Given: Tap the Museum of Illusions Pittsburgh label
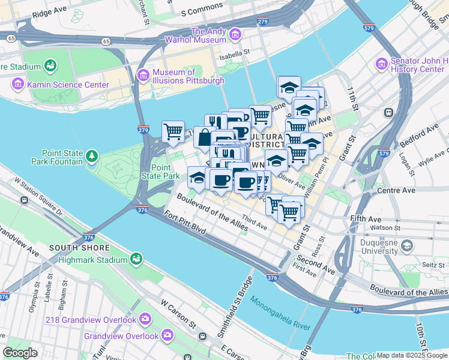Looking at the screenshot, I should coord(188,77).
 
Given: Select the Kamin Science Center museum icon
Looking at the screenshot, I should coord(17,85).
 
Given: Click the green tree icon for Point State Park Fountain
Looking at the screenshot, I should coord(91,157).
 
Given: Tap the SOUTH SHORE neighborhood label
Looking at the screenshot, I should coord(80,248).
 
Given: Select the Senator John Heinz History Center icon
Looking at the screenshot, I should coord(382,64).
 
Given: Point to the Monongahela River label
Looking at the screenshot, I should coord(280,314).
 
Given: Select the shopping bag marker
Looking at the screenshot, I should coord(204,137).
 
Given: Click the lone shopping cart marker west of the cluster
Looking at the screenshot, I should coord(173,131).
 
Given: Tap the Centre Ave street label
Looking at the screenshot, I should coord(396,190).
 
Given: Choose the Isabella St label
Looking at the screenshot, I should coord(235,53).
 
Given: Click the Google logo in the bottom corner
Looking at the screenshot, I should coord(20,353).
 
